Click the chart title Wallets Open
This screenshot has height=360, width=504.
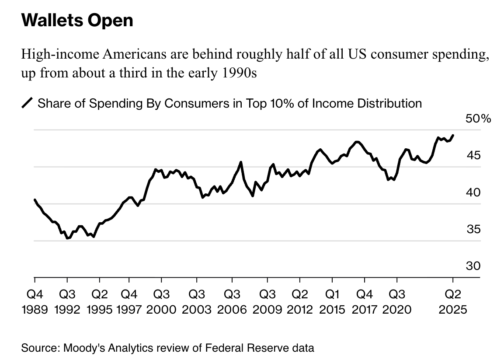coord(77,21)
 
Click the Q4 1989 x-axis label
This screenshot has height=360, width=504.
coord(34,302)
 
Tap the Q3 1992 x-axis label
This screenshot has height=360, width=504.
coord(67,302)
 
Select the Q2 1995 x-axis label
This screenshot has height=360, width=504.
coord(99,302)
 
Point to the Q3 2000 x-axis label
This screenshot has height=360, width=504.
coord(161,302)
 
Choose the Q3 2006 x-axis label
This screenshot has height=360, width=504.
coord(232,302)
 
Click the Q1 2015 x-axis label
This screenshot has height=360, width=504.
coord(333,302)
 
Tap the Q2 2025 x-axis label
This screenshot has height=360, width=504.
coord(453,302)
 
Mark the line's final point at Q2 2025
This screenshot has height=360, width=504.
coord(453,135)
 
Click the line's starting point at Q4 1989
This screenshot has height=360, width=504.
coord(35,199)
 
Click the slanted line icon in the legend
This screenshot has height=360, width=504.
coord(27,104)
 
